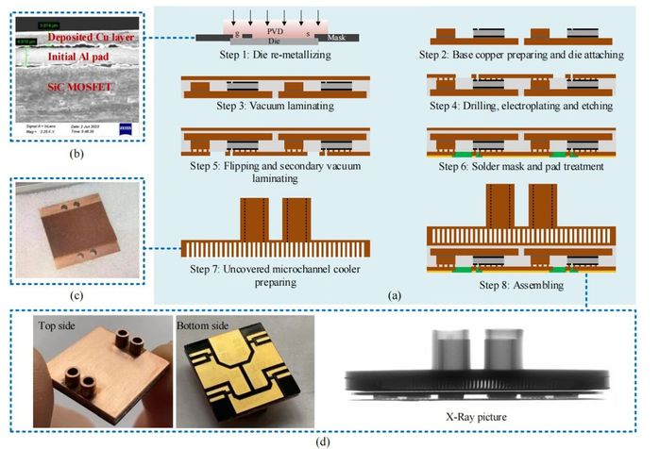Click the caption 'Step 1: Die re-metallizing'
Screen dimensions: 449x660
[266, 55]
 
